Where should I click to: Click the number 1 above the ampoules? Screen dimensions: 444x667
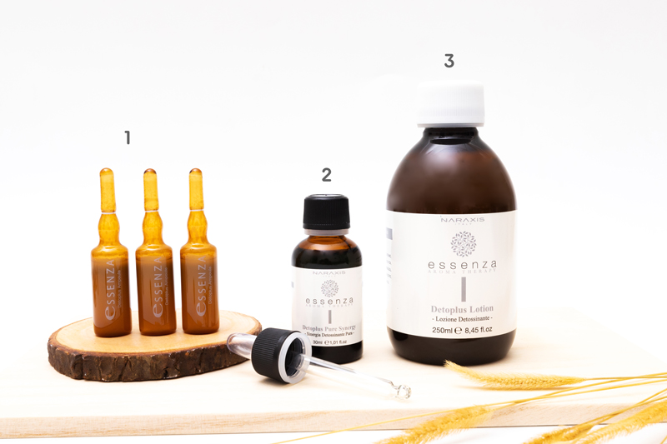point(128,138)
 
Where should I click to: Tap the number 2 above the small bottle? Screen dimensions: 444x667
point(326,175)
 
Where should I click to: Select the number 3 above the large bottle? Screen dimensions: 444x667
point(449,61)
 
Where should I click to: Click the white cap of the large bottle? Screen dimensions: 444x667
point(450,104)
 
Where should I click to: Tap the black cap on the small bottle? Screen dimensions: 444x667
point(326,212)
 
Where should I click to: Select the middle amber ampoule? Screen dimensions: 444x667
point(155,267)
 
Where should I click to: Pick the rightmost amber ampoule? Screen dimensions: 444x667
point(199,267)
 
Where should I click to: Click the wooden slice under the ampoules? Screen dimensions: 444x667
point(150,350)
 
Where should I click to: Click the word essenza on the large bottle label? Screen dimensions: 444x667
point(451,265)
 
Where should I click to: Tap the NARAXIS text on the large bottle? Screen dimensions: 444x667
point(451,222)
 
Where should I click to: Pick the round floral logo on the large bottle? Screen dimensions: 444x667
point(451,243)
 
